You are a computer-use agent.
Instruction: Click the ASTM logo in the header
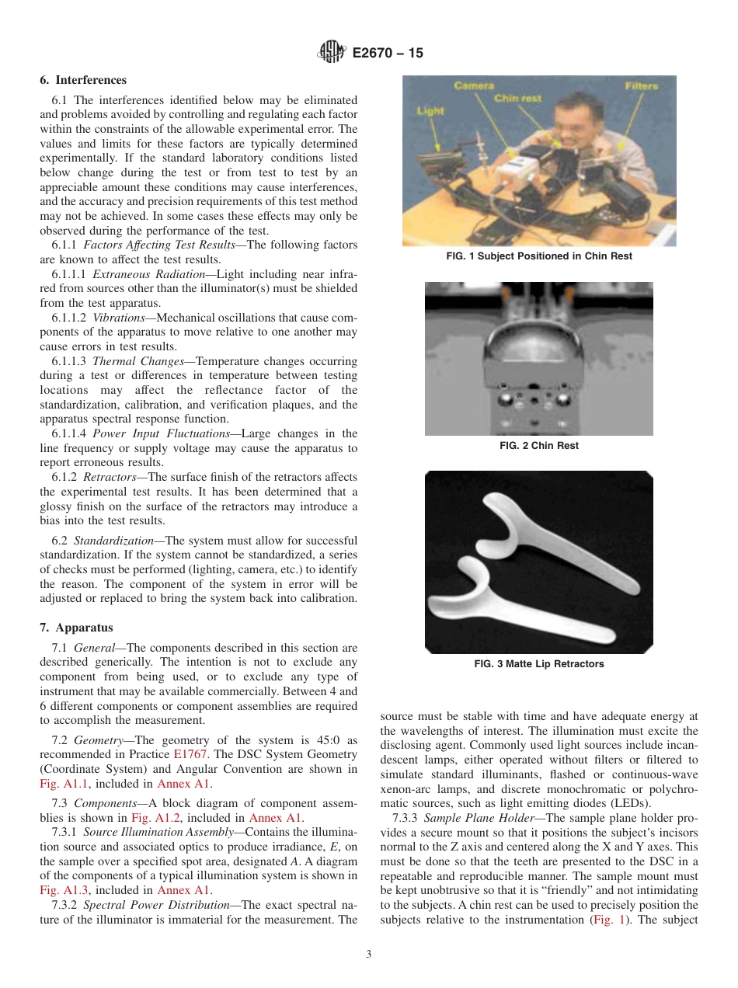pyautogui.click(x=332, y=52)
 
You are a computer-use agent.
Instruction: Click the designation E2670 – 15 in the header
pyautogui.click(x=388, y=53)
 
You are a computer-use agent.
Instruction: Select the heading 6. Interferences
pyautogui.click(x=83, y=80)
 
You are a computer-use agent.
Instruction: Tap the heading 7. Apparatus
pyautogui.click(x=76, y=628)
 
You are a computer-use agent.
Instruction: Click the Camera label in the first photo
pyautogui.click(x=473, y=85)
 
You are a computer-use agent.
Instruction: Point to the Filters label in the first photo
pyautogui.click(x=641, y=85)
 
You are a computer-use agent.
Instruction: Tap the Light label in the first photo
pyautogui.click(x=430, y=111)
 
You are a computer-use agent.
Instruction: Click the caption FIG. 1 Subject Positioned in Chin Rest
pyautogui.click(x=539, y=256)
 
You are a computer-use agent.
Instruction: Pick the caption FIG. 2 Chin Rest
pyautogui.click(x=538, y=446)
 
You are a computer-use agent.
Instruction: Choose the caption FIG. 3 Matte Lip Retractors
pyautogui.click(x=538, y=664)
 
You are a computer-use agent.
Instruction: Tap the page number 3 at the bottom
pyautogui.click(x=369, y=955)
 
